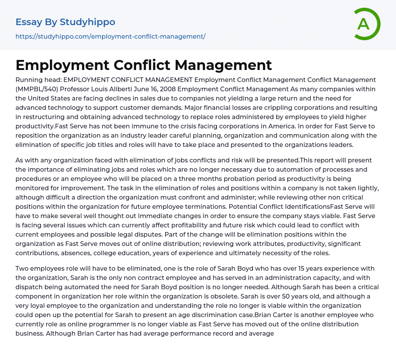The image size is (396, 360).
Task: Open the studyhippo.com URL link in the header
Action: [110, 36]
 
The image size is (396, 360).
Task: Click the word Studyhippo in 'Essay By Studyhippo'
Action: [87, 22]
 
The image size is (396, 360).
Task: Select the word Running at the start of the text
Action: [28, 80]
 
